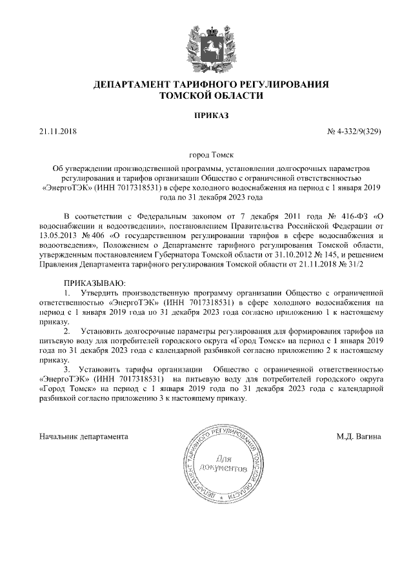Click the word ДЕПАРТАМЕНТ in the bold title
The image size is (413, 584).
coord(133,85)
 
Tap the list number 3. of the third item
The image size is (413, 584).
coord(67,368)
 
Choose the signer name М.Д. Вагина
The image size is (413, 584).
coord(358,436)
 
